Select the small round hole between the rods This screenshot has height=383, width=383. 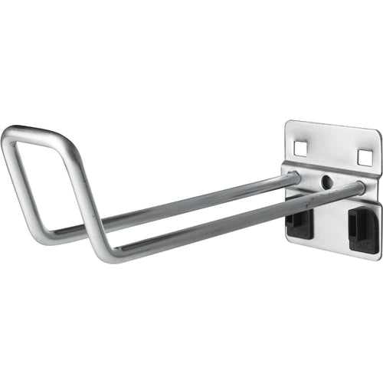coord(326,183)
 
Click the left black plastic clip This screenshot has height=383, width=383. coord(299,223)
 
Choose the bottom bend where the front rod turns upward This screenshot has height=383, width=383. coord(107,250)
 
